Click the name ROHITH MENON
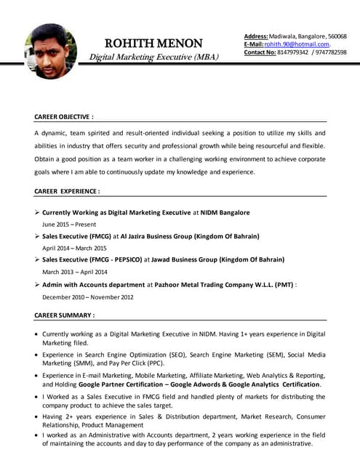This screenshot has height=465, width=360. click(x=153, y=44)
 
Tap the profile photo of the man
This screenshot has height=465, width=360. click(x=50, y=52)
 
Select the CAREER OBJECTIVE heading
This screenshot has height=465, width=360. click(x=64, y=116)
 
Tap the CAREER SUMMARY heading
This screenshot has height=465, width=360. click(x=64, y=315)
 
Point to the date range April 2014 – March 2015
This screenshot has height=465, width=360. click(x=74, y=248)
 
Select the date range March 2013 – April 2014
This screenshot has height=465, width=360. click(x=74, y=272)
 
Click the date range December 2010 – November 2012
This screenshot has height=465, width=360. click(x=88, y=296)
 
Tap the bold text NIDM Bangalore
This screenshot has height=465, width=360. click(x=225, y=213)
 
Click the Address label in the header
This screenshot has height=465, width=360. click(x=256, y=36)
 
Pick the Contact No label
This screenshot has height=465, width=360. click(x=260, y=52)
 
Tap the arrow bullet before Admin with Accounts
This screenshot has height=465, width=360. click(x=37, y=284)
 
